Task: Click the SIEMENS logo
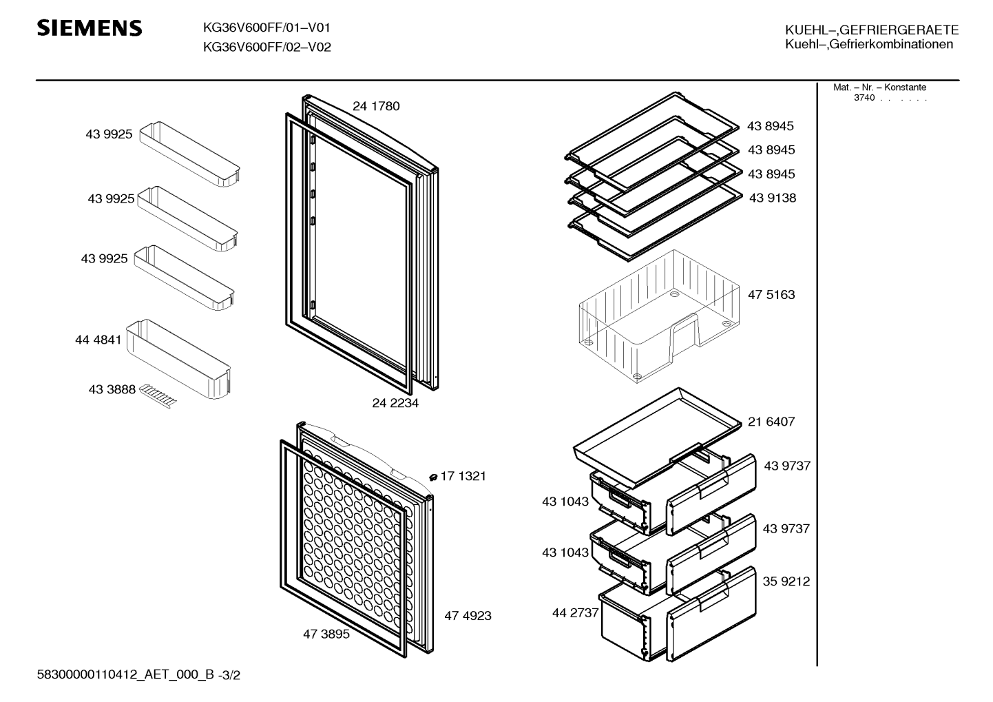[x=90, y=28]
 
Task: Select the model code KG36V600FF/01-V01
[x=266, y=28]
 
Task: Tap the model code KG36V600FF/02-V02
[x=267, y=47]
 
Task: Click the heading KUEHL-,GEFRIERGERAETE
[x=872, y=30]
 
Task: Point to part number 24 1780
[x=376, y=106]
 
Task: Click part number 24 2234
[x=395, y=402]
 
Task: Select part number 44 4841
[x=98, y=340]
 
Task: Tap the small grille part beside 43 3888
[x=158, y=395]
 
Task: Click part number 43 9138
[x=773, y=198]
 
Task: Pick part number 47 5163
[x=771, y=294]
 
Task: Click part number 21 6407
[x=771, y=422]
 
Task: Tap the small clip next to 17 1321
[x=433, y=477]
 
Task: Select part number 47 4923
[x=468, y=615]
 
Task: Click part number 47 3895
[x=326, y=634]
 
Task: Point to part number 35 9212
[x=786, y=581]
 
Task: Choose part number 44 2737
[x=576, y=612]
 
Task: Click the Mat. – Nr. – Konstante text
[x=879, y=87]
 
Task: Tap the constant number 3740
[x=864, y=98]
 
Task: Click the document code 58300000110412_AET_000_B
[x=125, y=675]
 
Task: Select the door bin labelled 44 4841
[x=178, y=359]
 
